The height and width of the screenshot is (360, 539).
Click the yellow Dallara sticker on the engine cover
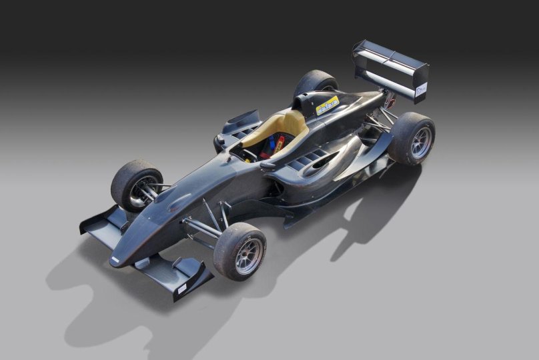pyautogui.click(x=327, y=105)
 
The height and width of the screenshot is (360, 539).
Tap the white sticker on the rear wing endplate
pyautogui.click(x=421, y=89)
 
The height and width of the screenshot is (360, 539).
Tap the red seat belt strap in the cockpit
pyautogui.click(x=280, y=141)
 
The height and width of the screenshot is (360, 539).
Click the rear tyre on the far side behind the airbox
pyautogui.click(x=316, y=83)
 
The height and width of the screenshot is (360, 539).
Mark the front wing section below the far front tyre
pyautogui.click(x=100, y=223)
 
